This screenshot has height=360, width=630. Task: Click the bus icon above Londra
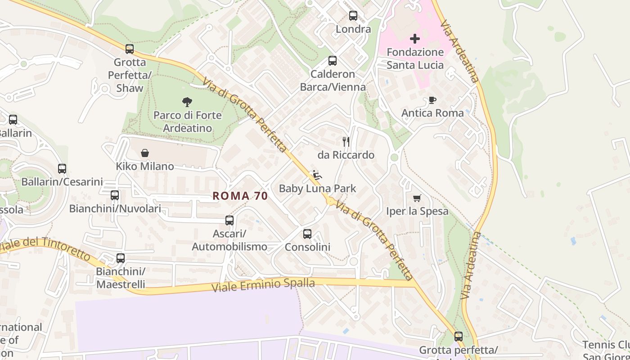[x=353, y=16]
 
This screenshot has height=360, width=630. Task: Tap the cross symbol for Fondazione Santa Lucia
[x=415, y=39]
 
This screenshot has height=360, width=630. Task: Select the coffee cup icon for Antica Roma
[x=432, y=100]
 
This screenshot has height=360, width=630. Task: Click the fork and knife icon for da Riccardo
[x=346, y=142]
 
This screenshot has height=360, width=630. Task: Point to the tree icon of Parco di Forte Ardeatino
[x=187, y=102]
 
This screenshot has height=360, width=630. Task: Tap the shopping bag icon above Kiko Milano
[x=145, y=153]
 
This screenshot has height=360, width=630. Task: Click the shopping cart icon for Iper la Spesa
[x=417, y=198]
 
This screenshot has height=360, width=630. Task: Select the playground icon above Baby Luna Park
[x=317, y=175]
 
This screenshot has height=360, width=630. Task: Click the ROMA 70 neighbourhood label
[x=240, y=196]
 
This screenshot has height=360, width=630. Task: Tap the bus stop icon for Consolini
[x=307, y=234]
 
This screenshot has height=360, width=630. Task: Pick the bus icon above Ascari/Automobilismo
[x=229, y=220]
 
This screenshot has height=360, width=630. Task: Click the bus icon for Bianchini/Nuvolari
[x=115, y=195]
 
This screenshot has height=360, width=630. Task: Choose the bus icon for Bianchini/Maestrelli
[x=121, y=258]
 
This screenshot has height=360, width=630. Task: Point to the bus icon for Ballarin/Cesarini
[x=62, y=169]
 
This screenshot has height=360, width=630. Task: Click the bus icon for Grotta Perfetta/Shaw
[x=130, y=49]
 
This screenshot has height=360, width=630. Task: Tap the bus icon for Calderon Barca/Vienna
[x=333, y=61]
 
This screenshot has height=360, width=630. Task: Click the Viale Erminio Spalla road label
[x=263, y=284]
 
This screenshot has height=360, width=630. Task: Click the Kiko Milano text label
[x=145, y=166]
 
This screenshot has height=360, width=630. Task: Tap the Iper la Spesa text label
[x=417, y=211]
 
